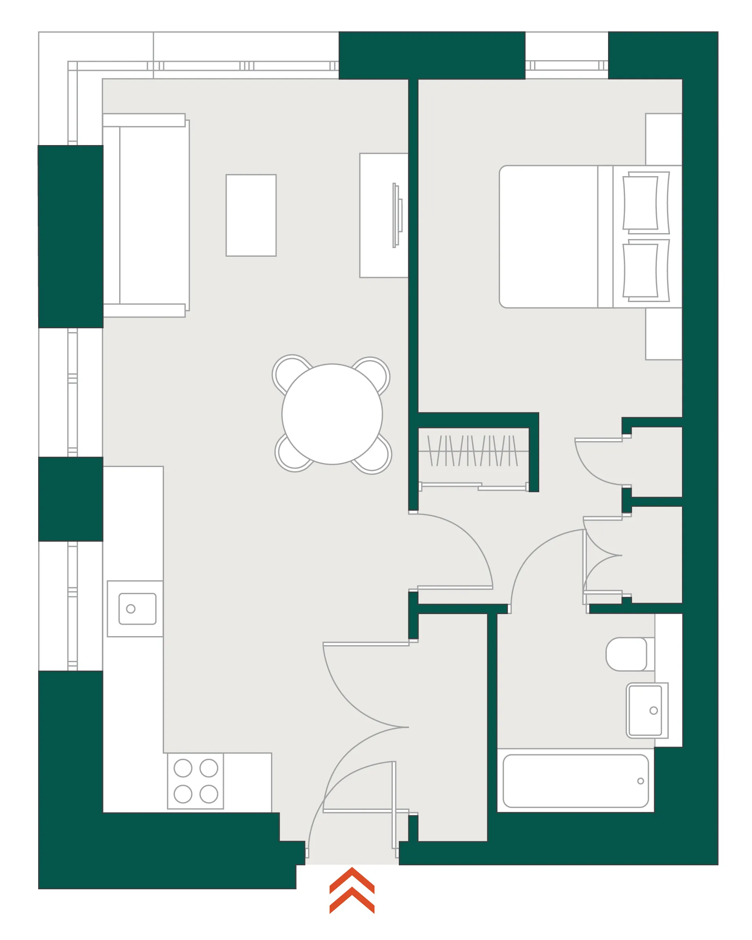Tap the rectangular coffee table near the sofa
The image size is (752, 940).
click(x=251, y=215)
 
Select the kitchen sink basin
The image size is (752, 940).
click(x=137, y=609)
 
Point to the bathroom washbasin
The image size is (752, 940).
click(x=645, y=710)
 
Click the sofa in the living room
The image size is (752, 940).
click(x=146, y=215)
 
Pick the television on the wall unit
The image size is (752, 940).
click(x=397, y=215)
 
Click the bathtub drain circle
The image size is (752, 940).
click(x=640, y=781)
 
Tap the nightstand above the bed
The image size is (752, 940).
click(x=663, y=139)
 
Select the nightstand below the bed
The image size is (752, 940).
click(x=663, y=333)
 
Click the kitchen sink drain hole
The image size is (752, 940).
click(x=131, y=609)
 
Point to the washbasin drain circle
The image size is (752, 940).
click(x=653, y=711)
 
